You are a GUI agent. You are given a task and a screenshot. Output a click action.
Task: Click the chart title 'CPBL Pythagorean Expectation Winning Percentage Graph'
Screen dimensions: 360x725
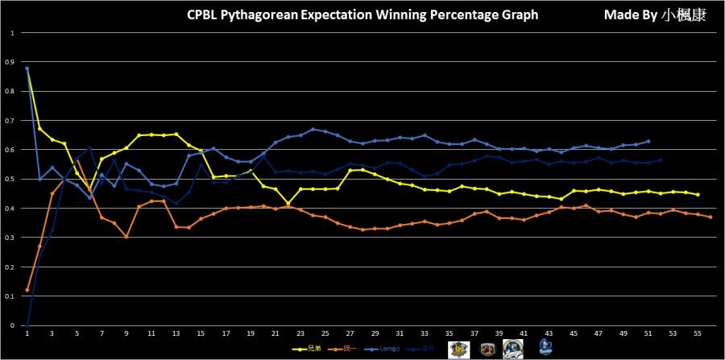(362, 15)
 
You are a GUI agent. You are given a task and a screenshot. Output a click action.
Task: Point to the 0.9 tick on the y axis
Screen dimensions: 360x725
(11, 62)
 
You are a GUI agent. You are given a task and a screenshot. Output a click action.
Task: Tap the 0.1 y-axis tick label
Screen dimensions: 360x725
(11, 296)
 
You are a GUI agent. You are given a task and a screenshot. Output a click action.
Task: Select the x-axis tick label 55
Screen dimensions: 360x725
(697, 333)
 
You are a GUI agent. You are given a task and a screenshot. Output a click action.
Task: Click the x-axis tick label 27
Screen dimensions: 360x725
(350, 333)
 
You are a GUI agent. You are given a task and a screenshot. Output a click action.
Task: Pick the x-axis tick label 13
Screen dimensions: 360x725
(176, 333)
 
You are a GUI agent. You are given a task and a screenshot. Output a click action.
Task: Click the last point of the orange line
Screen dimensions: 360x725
(710, 217)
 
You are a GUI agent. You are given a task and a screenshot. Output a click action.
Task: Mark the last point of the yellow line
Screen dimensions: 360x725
(698, 195)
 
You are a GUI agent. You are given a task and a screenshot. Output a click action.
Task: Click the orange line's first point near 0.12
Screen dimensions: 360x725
(27, 290)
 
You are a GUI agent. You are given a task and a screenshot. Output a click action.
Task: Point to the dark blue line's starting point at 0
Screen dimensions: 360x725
(27, 325)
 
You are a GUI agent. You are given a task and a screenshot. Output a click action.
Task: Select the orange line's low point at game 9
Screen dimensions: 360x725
(126, 237)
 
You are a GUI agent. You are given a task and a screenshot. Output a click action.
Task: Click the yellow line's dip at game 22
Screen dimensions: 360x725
(288, 204)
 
